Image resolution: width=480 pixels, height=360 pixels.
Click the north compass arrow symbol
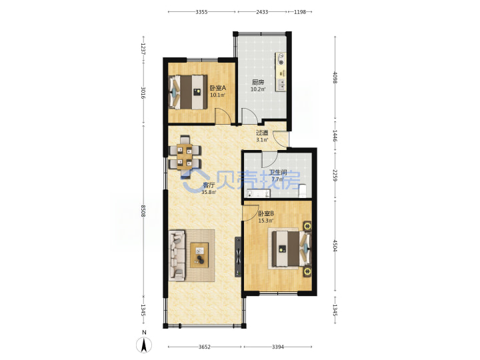144,345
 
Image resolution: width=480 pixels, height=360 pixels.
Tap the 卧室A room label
217,88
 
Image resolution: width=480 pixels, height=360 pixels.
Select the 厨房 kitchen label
258,83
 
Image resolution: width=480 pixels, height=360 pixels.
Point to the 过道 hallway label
262,133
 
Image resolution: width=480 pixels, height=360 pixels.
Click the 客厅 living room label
209,185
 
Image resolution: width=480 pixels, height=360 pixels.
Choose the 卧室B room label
266,213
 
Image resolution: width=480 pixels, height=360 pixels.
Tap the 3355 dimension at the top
201,12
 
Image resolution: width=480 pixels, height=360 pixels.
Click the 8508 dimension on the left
143,211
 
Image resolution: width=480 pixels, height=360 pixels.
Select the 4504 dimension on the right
335,245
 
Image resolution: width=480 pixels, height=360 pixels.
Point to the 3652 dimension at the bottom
205,347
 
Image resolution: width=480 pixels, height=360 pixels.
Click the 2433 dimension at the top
262,12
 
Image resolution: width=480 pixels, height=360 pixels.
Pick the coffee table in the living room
199,255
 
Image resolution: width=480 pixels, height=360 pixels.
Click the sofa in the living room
177,255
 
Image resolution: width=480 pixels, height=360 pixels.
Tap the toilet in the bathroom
303,191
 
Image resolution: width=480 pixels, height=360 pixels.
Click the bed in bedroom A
188,92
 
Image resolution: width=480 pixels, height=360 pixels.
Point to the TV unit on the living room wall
238,257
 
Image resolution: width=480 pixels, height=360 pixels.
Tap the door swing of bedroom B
251,213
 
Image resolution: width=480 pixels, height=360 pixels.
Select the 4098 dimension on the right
335,77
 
